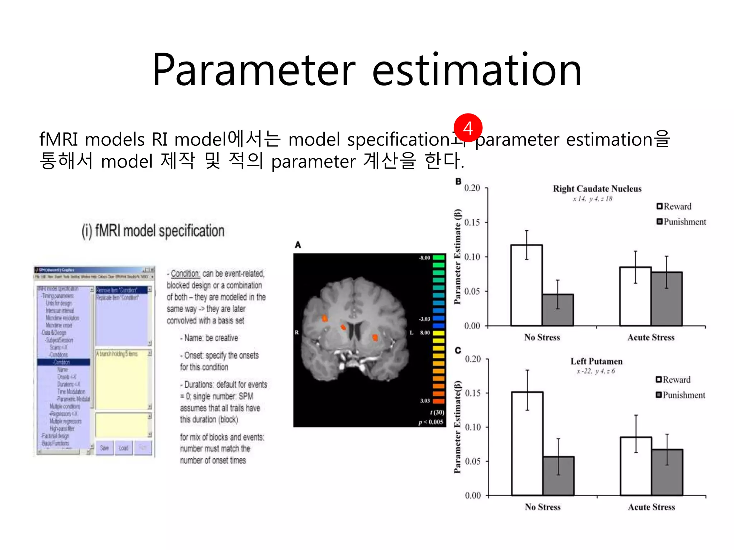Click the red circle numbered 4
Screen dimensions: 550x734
coord(468,128)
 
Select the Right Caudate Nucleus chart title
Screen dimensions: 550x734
coord(597,189)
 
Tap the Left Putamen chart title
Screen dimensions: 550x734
coord(596,361)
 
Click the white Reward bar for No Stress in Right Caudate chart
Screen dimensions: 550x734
coord(526,286)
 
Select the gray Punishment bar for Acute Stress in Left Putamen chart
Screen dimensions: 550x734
coord(667,473)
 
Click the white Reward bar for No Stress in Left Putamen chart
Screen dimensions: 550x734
coord(527,444)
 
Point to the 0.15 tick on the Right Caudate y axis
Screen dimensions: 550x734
coord(472,222)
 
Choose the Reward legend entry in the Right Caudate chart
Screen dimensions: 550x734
coord(674,206)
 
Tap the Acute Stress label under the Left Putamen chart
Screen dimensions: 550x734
coord(651,507)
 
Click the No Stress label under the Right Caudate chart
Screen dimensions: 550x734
coord(542,337)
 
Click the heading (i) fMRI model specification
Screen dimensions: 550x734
coord(153,231)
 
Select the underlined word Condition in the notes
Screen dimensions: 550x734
coord(185,274)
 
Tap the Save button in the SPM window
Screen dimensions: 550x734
coord(104,448)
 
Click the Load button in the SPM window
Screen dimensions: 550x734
coord(123,448)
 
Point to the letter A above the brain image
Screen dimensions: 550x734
coord(298,245)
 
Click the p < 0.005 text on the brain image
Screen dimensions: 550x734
coord(430,422)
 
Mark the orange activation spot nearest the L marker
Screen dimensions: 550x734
coord(375,337)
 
